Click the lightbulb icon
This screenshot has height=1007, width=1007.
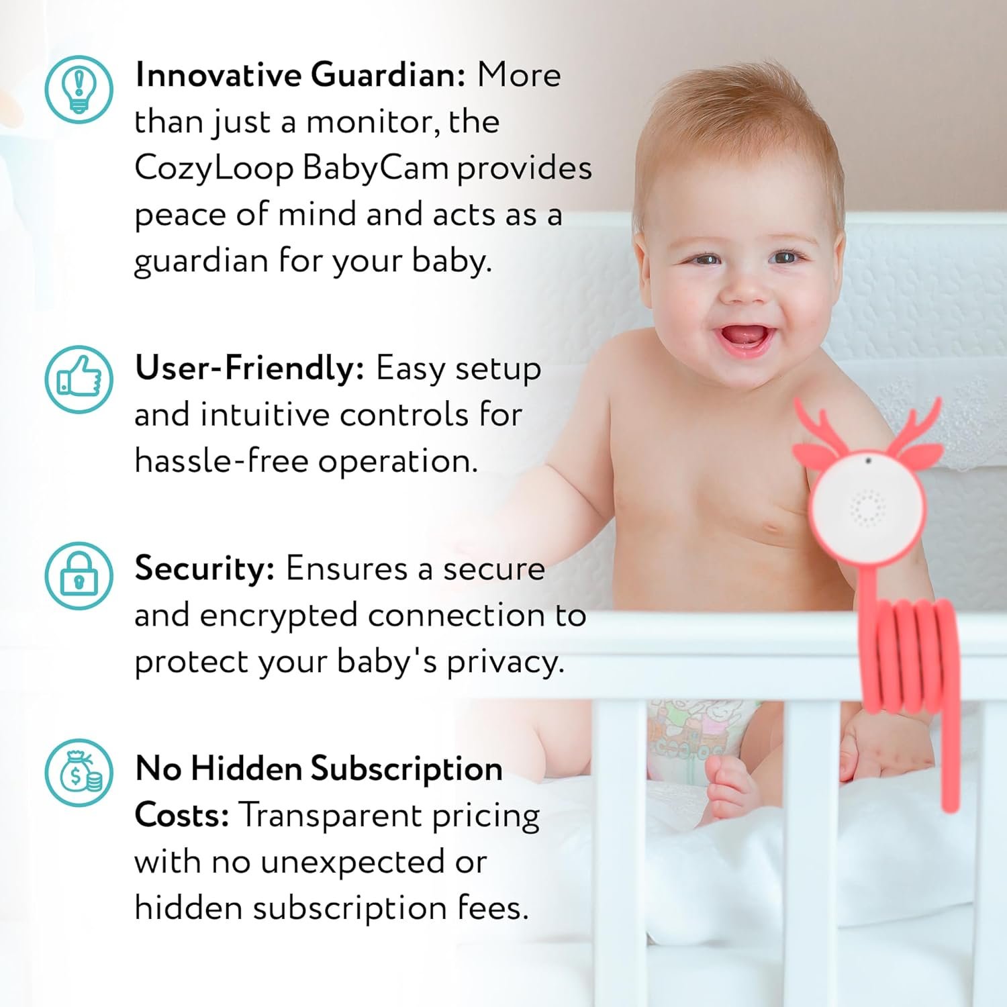pos(79,89)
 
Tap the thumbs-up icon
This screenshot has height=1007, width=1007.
pos(79,379)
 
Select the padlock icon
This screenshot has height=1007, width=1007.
pos(79,576)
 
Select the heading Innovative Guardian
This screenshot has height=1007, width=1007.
pos(300,75)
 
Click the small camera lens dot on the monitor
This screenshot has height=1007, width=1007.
pos(868,461)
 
